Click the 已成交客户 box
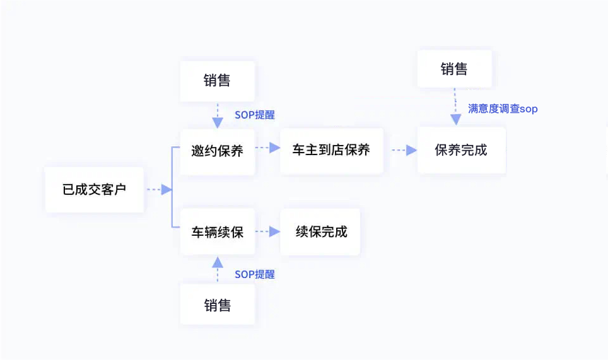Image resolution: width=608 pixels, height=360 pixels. click(x=95, y=189)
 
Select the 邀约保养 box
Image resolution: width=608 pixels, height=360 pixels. click(x=218, y=151)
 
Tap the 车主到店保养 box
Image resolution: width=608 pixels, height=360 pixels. click(x=331, y=151)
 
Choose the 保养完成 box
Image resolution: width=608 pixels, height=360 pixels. click(x=461, y=151)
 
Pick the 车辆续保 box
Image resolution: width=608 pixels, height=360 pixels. click(x=218, y=231)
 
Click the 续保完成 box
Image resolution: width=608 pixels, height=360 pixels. click(x=320, y=231)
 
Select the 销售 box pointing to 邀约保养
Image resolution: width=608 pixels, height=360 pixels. click(x=218, y=81)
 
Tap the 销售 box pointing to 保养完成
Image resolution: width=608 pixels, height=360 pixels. click(x=454, y=69)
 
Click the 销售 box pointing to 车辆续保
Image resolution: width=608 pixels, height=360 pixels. click(x=218, y=305)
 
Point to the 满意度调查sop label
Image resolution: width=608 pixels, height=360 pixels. click(x=502, y=109)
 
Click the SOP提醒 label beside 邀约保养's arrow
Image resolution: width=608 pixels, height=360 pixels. click(x=255, y=115)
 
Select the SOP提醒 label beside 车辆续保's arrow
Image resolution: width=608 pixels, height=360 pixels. click(x=255, y=274)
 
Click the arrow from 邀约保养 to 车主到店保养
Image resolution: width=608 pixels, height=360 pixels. click(x=267, y=148)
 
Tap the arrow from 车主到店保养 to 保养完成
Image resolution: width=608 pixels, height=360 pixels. click(x=404, y=151)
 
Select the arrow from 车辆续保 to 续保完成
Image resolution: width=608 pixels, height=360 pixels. click(x=267, y=231)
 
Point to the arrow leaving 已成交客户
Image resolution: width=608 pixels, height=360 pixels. click(x=159, y=189)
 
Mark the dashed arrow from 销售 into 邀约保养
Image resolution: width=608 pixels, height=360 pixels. click(x=218, y=115)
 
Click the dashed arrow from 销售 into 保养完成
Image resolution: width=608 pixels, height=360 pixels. click(x=455, y=107)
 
